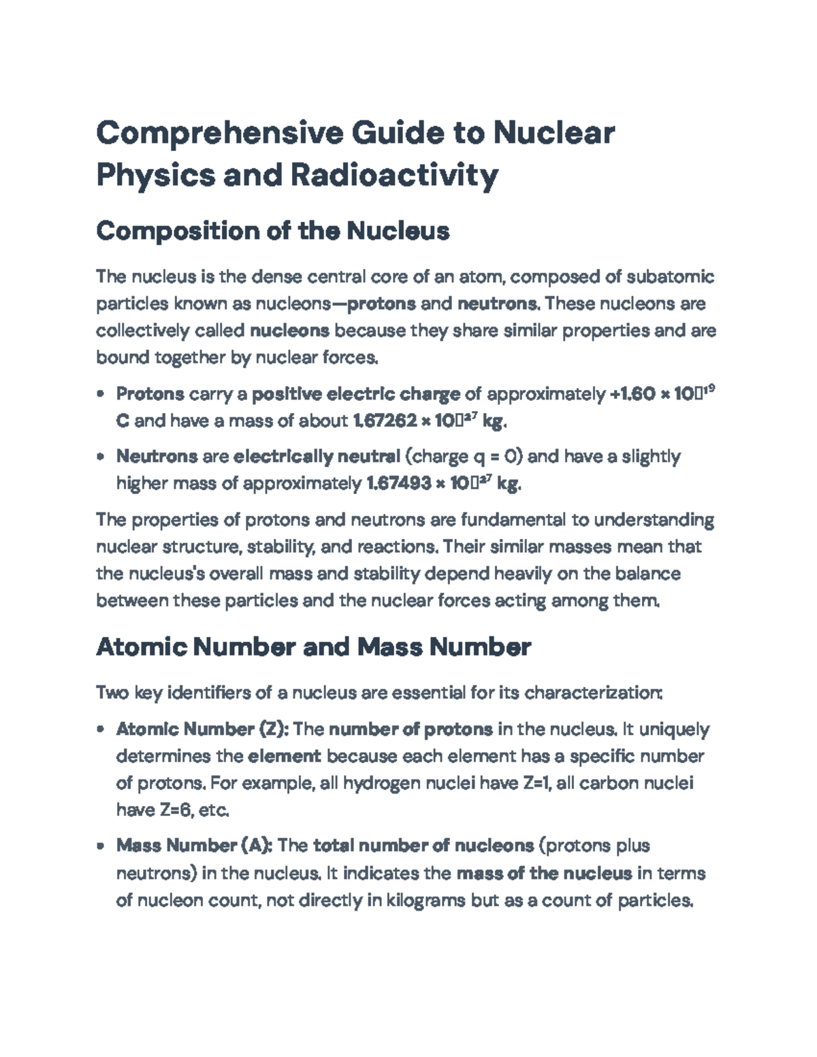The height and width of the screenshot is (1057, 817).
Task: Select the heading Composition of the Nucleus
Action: click(x=272, y=231)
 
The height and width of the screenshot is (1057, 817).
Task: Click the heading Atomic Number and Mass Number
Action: click(x=313, y=647)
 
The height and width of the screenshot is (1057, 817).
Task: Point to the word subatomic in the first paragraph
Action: click(x=670, y=277)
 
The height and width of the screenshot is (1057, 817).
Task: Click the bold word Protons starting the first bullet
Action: click(x=150, y=394)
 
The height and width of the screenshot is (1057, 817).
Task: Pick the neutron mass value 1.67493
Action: click(x=398, y=484)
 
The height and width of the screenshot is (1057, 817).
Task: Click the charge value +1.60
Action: click(x=631, y=394)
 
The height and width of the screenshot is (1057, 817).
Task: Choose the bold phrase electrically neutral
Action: click(x=317, y=456)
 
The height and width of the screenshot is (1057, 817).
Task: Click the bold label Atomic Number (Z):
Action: click(x=203, y=730)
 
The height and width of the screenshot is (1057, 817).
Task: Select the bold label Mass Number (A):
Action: click(x=195, y=846)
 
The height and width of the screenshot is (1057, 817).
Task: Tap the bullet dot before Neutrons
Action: click(x=101, y=457)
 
